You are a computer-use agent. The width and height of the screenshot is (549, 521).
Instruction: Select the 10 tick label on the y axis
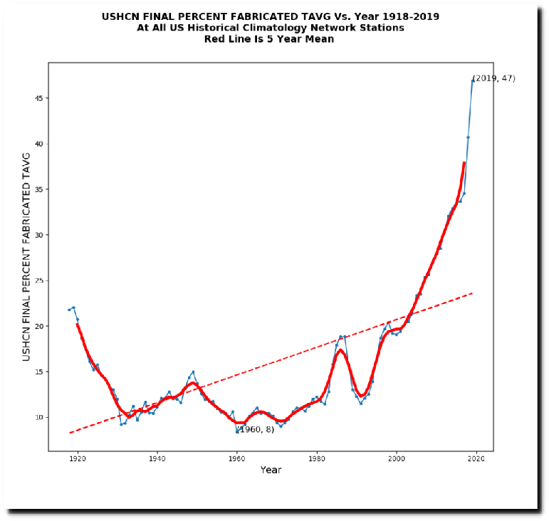38,417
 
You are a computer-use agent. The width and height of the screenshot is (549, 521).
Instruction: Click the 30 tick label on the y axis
38,235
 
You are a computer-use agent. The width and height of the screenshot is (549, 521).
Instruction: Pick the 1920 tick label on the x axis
78,460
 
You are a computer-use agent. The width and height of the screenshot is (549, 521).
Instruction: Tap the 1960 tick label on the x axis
237,460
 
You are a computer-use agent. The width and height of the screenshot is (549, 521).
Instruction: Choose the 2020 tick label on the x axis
476,460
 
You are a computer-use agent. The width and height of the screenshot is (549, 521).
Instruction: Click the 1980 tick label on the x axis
317,460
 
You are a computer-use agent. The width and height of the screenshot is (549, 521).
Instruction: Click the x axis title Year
271,470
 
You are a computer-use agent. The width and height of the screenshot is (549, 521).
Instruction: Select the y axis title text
26,256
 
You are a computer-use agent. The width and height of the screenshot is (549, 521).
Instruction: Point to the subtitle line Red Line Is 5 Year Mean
270,39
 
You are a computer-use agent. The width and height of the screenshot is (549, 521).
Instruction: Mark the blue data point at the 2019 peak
472,80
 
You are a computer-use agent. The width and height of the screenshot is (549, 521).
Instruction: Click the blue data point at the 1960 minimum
237,431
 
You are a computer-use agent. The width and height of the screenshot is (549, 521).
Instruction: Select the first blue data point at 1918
69,310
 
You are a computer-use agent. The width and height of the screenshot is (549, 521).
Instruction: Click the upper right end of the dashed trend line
472,293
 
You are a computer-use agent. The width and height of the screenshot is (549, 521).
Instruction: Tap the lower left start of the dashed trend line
70,432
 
